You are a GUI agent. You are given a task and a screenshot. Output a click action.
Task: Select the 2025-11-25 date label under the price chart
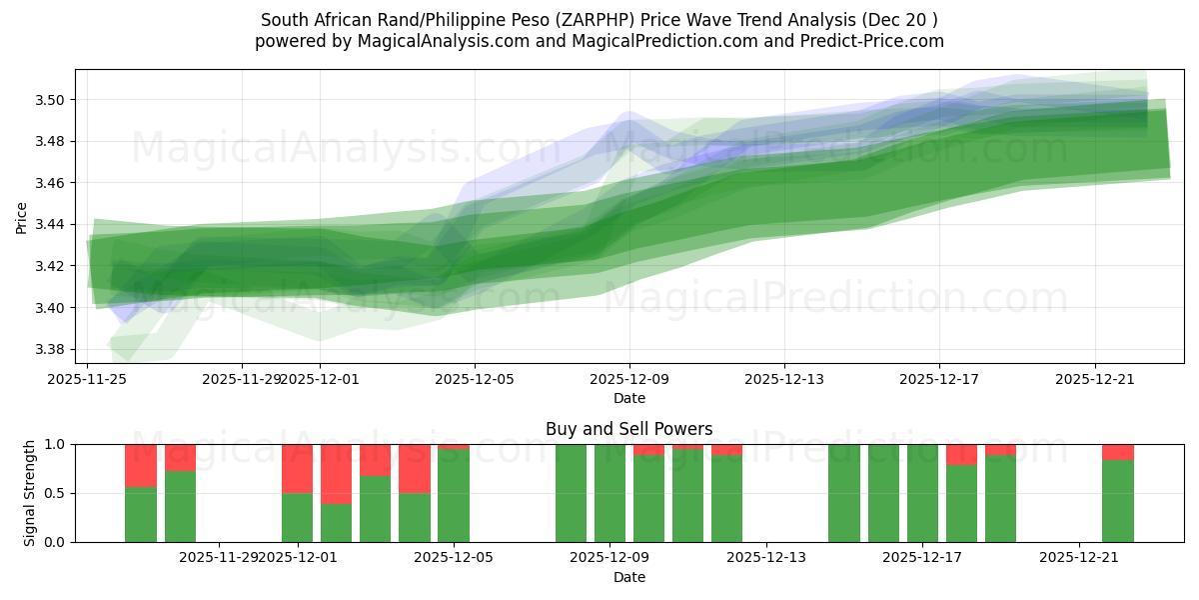87,379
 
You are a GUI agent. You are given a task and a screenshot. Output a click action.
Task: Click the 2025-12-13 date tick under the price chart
784,379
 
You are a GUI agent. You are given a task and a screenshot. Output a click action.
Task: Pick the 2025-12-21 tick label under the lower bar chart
1079,557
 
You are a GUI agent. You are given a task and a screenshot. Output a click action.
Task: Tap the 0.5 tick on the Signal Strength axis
55,493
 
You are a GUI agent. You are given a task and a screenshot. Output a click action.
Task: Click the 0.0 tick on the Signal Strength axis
55,542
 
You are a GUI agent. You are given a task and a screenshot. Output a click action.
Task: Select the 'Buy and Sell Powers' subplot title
628,429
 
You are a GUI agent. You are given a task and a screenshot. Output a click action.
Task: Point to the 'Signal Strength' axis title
30,492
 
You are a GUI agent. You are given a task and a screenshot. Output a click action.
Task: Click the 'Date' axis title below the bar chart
628,577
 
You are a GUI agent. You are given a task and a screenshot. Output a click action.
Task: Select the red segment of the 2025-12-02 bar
336,474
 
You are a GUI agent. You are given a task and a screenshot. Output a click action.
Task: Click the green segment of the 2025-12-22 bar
1117,500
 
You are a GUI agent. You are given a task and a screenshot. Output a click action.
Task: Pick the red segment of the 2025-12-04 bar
414,468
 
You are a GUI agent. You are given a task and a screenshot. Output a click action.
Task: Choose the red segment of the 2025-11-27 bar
180,457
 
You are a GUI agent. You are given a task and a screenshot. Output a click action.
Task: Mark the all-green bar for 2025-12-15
843,493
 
